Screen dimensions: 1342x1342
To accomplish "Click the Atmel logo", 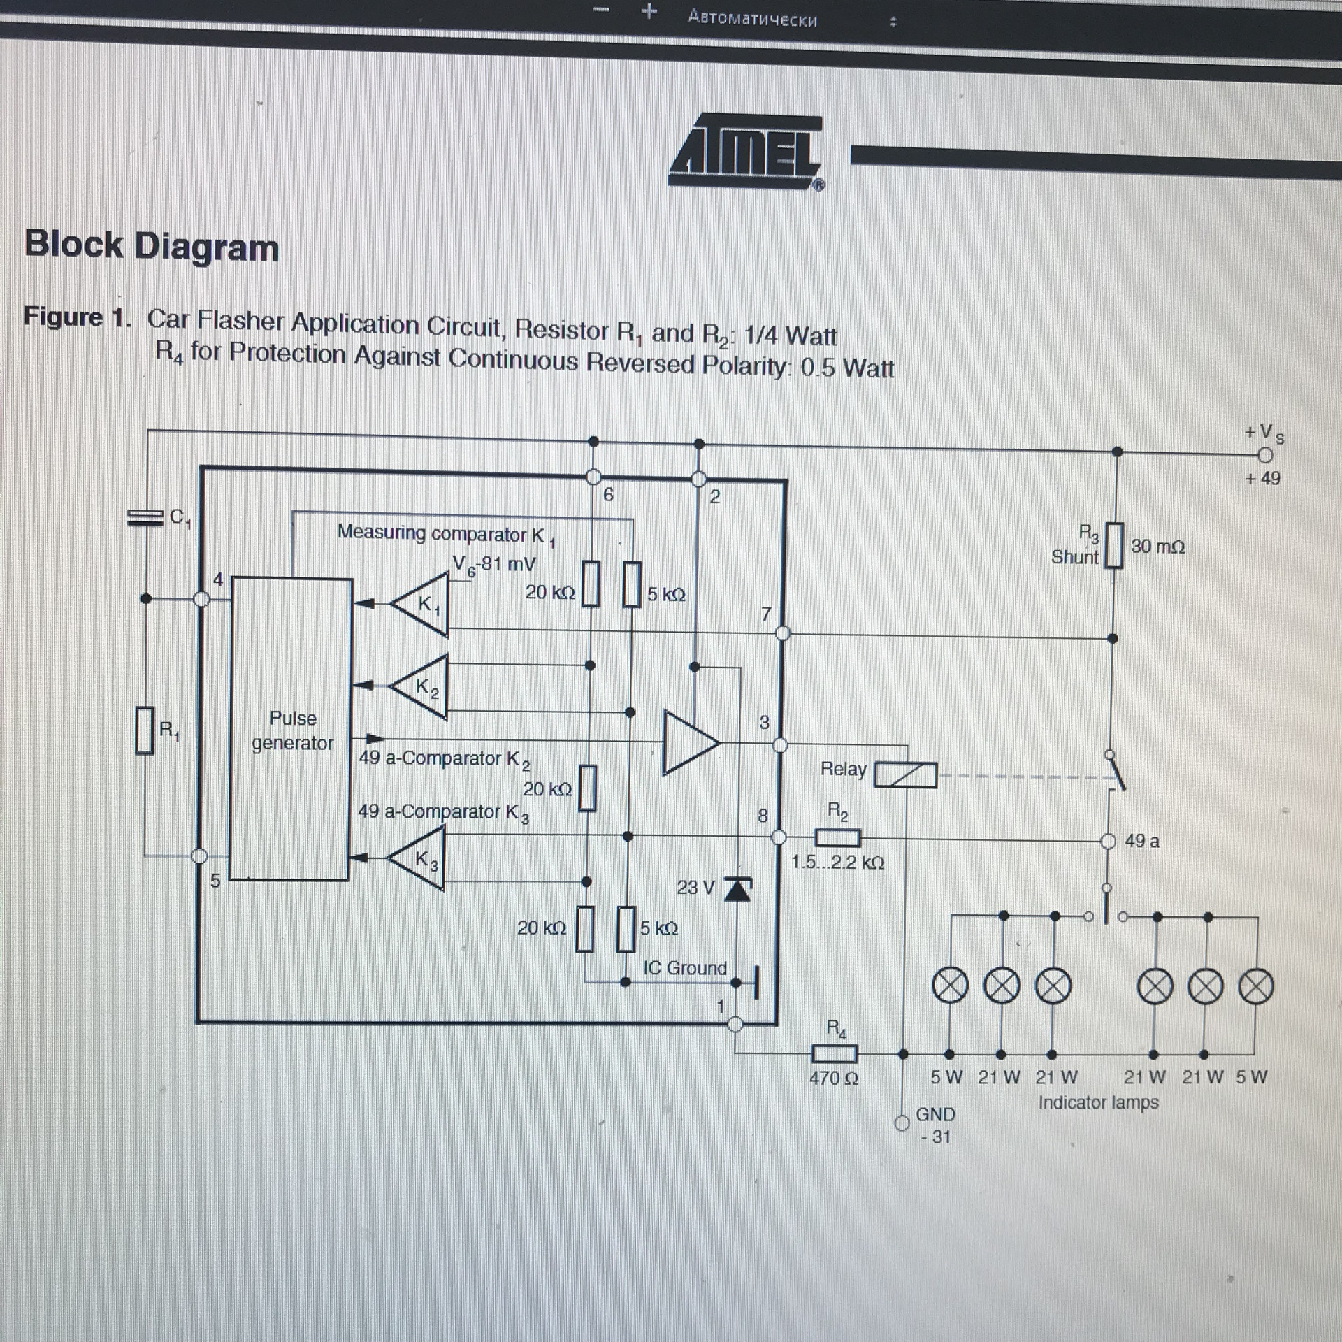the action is (746, 152).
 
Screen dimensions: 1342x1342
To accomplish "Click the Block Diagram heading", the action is (152, 246).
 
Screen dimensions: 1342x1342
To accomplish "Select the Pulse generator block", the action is (291, 729).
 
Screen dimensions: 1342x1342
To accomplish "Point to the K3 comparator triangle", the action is (417, 858).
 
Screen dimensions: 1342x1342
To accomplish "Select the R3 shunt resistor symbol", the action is (1115, 545).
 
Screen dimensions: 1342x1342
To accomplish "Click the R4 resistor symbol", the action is (834, 1053).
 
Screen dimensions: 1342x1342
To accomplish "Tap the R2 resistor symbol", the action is (838, 837).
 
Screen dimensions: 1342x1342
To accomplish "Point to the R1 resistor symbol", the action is (145, 730).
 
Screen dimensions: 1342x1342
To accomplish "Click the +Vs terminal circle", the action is (1264, 456).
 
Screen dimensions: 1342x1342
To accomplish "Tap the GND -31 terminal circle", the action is (902, 1123).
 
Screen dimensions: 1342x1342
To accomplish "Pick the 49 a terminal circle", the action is (1108, 842).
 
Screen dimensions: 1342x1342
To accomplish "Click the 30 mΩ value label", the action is (1157, 547).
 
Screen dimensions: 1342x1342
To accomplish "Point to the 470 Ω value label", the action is (834, 1078).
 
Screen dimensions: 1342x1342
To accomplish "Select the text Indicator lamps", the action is (1098, 1102).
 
